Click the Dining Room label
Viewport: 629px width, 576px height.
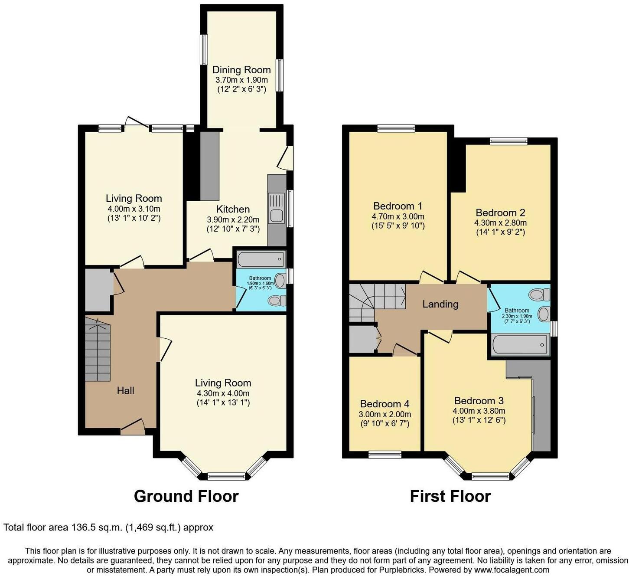(x=241, y=70)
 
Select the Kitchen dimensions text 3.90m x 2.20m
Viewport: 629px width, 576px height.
(x=233, y=219)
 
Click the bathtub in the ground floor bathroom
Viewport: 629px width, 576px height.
(x=261, y=259)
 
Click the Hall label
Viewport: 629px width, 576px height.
(x=125, y=390)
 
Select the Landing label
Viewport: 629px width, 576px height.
(x=440, y=304)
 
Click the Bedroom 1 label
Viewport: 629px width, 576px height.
(x=398, y=206)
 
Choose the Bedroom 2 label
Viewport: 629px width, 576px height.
(x=500, y=213)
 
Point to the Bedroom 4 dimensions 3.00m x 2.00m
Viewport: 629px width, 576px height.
(x=385, y=414)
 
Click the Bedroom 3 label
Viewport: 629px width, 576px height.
(x=479, y=400)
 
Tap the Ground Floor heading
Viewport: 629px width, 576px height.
(x=186, y=496)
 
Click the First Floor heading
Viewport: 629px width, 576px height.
(x=450, y=496)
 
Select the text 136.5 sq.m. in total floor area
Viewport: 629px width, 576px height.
(x=96, y=527)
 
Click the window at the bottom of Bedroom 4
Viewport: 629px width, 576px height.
(x=385, y=455)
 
